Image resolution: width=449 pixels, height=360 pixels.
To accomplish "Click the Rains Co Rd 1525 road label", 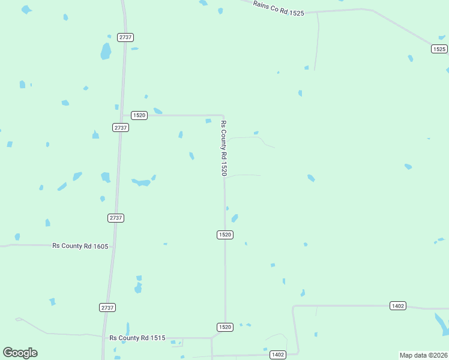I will tap(279, 8).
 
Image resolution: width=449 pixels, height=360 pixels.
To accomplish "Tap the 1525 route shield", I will tap(439, 49).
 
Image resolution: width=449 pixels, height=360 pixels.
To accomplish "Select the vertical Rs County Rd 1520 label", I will tap(224, 148).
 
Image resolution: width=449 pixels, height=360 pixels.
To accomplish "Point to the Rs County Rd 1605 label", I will tap(80, 245).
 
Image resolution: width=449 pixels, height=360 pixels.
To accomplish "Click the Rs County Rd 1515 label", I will tap(137, 338).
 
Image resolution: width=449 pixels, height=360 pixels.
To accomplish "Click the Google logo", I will tap(20, 353).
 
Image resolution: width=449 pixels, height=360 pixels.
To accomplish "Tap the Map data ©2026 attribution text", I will tap(423, 355).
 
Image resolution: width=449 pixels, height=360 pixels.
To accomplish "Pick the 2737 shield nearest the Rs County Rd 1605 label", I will tap(116, 218).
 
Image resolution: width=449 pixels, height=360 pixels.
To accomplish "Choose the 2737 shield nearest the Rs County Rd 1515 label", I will tap(107, 307).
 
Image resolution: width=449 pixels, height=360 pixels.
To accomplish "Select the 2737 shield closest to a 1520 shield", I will tap(121, 127).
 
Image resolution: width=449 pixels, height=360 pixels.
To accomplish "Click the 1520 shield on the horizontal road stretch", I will tap(139, 115).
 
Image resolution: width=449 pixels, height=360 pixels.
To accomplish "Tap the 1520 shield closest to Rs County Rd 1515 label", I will tap(224, 326).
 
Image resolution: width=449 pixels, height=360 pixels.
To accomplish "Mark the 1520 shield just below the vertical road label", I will tap(224, 235).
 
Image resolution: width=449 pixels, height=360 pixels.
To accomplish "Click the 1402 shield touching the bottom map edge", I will tap(277, 355).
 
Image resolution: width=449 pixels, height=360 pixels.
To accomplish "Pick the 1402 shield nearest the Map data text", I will tap(397, 306).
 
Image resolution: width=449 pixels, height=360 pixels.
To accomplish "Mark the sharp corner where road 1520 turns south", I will tap(223, 115).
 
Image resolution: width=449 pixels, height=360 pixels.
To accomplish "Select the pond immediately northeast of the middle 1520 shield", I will tap(235, 218).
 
